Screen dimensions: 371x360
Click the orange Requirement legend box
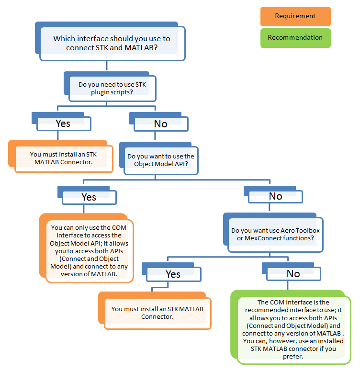pos(295,16)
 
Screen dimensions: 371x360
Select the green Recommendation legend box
pos(295,38)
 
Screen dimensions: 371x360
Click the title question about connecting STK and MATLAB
pos(112,43)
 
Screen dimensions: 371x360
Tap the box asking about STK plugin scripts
pos(112,88)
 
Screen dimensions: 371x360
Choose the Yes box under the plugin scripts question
pos(63,124)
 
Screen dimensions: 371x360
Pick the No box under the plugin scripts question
pos(160,124)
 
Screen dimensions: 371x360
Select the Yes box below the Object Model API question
pos(89,197)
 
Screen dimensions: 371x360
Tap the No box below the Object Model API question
pos(275,196)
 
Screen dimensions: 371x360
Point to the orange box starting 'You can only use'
pos(89,251)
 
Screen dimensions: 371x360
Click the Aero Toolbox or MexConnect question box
pos(275,235)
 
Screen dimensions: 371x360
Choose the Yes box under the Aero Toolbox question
pos(173,274)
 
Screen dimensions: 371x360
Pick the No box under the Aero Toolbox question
pos(293,274)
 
